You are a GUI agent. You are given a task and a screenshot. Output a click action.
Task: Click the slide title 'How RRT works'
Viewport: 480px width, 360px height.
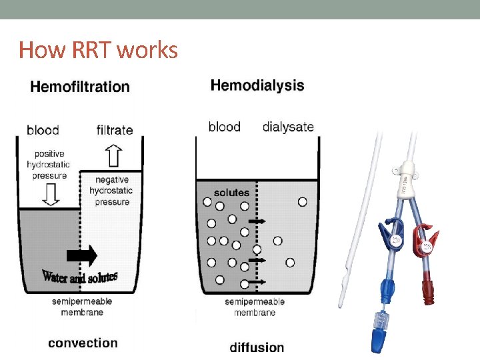pos(98,49)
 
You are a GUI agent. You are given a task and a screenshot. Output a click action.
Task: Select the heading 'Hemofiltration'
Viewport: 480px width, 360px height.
pos(80,86)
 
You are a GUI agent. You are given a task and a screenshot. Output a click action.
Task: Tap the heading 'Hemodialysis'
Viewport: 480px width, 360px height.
pos(257,85)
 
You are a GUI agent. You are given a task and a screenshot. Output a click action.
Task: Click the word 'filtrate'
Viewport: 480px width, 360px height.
pos(115,130)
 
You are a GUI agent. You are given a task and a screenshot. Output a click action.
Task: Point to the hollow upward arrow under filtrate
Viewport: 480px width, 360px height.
pos(114,157)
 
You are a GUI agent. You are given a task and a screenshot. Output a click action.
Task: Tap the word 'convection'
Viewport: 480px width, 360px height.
pos(83,343)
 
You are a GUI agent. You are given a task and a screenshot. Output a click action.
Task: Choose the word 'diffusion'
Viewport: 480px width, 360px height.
pos(257,347)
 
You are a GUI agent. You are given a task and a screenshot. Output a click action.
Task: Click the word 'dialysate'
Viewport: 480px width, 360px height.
pos(288,127)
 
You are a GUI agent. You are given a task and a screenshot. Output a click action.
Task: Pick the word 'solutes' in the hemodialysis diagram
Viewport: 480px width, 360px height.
pos(231,193)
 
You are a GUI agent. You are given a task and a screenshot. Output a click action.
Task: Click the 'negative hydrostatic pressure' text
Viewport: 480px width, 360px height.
pos(112,191)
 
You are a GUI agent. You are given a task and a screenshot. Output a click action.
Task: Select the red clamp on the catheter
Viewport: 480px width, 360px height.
pos(423,240)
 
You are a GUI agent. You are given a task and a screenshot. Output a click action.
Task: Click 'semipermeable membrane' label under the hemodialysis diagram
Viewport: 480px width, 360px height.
pos(255,307)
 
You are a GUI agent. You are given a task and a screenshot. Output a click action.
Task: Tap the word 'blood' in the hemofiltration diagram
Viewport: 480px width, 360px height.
pos(43,130)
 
